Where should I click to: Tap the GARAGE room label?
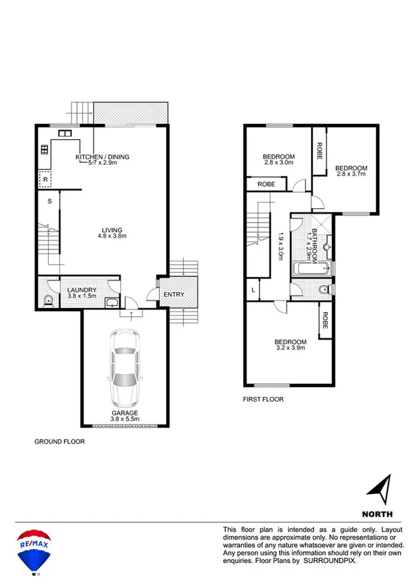pos(125,413)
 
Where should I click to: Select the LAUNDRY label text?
pos(82,290)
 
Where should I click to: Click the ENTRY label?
pos(173,295)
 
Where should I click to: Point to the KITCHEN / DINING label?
pos(103,157)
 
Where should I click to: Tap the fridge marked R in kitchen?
pos(45,179)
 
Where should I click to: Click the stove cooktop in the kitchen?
pos(43,148)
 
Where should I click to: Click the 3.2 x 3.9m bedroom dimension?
pos(290,348)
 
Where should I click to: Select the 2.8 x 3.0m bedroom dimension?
pos(278,163)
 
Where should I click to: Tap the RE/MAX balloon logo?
pos(32,548)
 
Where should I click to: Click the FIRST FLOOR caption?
pos(262,399)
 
